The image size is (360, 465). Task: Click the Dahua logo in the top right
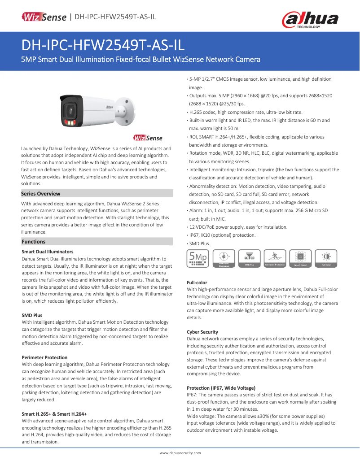pyautogui.click(x=310, y=20)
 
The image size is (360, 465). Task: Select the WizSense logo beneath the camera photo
pyautogui.click(x=148, y=138)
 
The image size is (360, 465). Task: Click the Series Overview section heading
pyautogui.click(x=41, y=194)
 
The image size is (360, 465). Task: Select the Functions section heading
pyautogui.click(x=34, y=242)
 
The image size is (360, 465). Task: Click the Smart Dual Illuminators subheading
pyautogui.click(x=48, y=252)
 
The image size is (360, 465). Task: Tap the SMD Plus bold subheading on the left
pyautogui.click(x=32, y=315)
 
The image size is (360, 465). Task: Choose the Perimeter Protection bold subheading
pyautogui.click(x=44, y=357)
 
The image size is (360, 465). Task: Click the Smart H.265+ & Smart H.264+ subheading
pyautogui.click(x=54, y=414)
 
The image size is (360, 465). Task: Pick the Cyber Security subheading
pyautogui.click(x=202, y=332)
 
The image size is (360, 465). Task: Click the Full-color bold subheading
pyautogui.click(x=197, y=282)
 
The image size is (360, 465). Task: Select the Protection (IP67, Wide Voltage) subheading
pyautogui.click(x=221, y=387)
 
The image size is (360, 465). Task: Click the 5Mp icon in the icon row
pyautogui.click(x=198, y=258)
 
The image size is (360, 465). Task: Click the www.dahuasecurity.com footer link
pyautogui.click(x=180, y=453)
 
